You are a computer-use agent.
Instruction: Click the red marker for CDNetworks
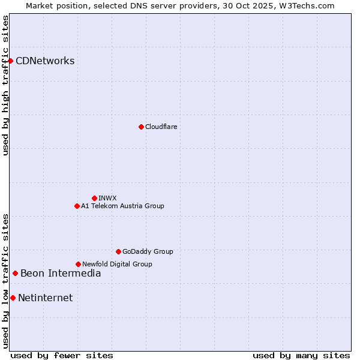pyautogui.click(x=10, y=61)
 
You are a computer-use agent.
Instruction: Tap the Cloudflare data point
pyautogui.click(x=141, y=127)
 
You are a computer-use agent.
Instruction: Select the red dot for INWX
pyautogui.click(x=94, y=198)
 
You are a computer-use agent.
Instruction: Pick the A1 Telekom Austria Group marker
pyautogui.click(x=77, y=206)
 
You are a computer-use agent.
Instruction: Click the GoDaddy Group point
pyautogui.click(x=118, y=251)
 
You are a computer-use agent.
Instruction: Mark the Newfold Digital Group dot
pyautogui.click(x=78, y=264)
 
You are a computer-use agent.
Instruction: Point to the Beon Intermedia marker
pyautogui.click(x=15, y=274)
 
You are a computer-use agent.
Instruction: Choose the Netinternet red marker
pyautogui.click(x=13, y=298)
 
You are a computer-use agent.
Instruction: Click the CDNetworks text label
pyautogui.click(x=45, y=61)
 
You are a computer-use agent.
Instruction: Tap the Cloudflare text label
pyautogui.click(x=161, y=127)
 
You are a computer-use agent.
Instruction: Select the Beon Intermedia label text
pyautogui.click(x=61, y=274)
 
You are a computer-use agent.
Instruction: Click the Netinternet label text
pyautogui.click(x=45, y=298)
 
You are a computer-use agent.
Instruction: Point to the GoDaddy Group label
pyautogui.click(x=148, y=251)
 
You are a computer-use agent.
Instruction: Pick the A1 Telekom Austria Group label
pyautogui.click(x=122, y=206)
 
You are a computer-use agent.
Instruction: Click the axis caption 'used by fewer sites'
pyautogui.click(x=62, y=355)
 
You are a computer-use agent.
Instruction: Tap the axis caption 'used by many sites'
pyautogui.click(x=301, y=355)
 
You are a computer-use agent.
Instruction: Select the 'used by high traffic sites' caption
pyautogui.click(x=5, y=85)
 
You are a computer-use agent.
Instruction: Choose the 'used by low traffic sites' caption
pyautogui.click(x=5, y=280)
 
